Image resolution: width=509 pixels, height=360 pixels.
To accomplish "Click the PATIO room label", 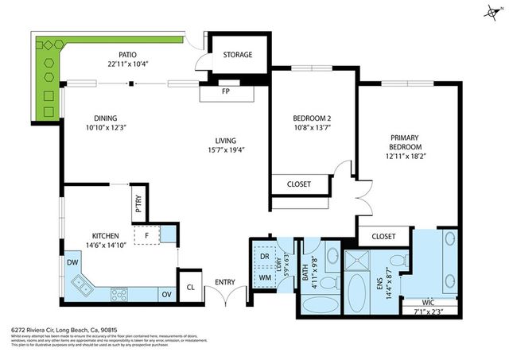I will [x=123, y=55].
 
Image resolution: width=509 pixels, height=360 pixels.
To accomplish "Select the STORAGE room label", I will [x=237, y=55].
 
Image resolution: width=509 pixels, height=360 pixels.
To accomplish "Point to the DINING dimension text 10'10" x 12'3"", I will [x=105, y=127].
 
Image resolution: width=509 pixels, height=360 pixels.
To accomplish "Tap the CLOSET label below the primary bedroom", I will [x=383, y=236].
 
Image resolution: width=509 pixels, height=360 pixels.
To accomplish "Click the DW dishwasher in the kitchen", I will [x=72, y=261].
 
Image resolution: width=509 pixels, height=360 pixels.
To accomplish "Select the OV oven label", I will [x=166, y=294].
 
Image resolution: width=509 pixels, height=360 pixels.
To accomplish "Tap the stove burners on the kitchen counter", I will [x=119, y=293].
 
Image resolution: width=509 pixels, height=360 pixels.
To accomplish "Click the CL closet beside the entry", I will [x=191, y=288].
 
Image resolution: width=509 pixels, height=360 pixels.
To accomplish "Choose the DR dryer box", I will [x=264, y=256].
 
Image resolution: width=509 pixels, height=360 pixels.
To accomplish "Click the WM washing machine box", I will [x=264, y=277].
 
